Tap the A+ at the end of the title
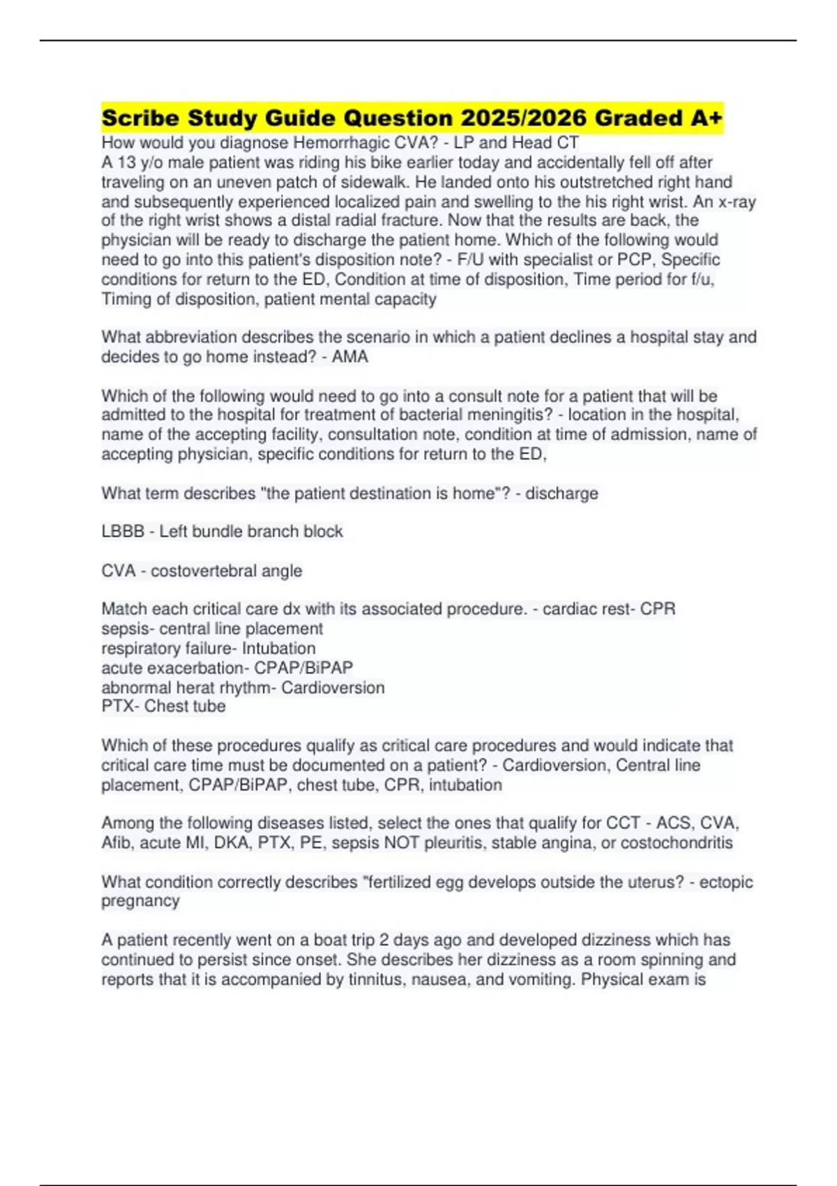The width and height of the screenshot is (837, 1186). [x=706, y=118]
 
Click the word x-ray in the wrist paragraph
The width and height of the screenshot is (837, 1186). [x=737, y=202]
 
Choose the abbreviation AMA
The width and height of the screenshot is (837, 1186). [x=350, y=356]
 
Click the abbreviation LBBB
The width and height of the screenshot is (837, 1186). [x=123, y=532]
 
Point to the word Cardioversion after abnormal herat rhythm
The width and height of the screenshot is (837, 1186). [x=333, y=688]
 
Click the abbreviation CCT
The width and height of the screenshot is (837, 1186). [x=623, y=823]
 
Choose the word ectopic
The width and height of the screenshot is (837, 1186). [x=726, y=882]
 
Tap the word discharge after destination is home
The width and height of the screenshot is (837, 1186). [x=561, y=493]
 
